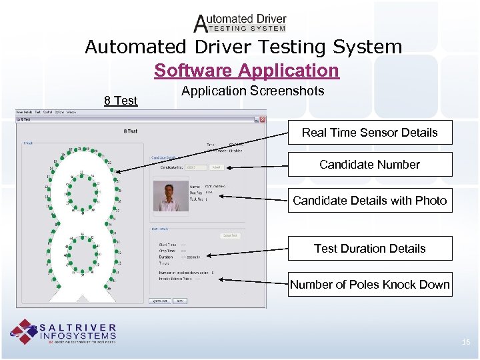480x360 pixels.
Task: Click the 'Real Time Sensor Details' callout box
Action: (369, 132)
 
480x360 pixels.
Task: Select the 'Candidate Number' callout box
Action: (369, 164)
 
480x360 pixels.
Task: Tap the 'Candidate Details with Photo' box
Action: (369, 200)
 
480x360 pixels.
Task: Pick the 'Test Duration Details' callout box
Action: (369, 248)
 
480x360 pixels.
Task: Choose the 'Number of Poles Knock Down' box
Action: (369, 285)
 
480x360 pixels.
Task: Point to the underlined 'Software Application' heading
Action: (246, 70)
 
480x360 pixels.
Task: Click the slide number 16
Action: (466, 342)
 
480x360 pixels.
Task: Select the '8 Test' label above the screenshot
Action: (121, 101)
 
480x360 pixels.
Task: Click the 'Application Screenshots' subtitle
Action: (253, 90)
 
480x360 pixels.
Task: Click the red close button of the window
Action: (263, 120)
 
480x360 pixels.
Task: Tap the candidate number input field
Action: (196, 167)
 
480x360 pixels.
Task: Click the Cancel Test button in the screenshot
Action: (230, 235)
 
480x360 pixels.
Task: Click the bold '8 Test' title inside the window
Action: (131, 131)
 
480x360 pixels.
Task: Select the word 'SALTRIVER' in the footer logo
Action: (78, 328)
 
